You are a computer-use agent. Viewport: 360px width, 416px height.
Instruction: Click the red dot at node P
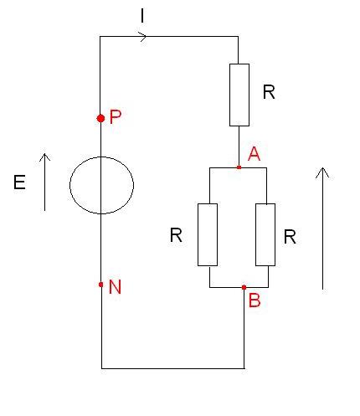click(100, 118)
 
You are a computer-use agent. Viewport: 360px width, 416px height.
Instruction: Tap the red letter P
click(116, 116)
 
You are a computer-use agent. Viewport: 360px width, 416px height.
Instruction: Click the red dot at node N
click(100, 285)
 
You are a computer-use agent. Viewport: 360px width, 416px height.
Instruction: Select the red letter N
click(115, 286)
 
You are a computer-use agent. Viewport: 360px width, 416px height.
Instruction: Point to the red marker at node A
click(239, 167)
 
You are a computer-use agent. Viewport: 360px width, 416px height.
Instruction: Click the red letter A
click(254, 154)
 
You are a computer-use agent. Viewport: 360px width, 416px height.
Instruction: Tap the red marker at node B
click(244, 287)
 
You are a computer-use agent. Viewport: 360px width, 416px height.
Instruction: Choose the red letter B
click(255, 300)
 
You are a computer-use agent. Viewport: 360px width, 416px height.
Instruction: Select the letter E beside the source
click(19, 182)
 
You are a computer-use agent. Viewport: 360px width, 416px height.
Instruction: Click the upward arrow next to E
click(44, 182)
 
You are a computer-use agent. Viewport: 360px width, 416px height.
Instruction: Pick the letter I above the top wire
click(142, 16)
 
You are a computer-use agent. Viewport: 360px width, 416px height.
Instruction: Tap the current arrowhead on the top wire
click(142, 36)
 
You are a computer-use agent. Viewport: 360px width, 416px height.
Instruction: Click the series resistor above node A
click(239, 95)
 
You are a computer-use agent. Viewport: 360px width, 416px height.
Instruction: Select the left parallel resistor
click(208, 234)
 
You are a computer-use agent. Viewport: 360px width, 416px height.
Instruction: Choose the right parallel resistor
click(265, 234)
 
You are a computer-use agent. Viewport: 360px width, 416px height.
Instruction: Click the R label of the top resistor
click(269, 92)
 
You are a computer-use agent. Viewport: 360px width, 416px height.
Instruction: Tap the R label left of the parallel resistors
click(176, 235)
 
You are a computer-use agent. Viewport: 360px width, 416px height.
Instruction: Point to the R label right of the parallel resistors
click(290, 237)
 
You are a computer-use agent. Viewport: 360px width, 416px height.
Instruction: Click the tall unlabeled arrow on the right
click(322, 229)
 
